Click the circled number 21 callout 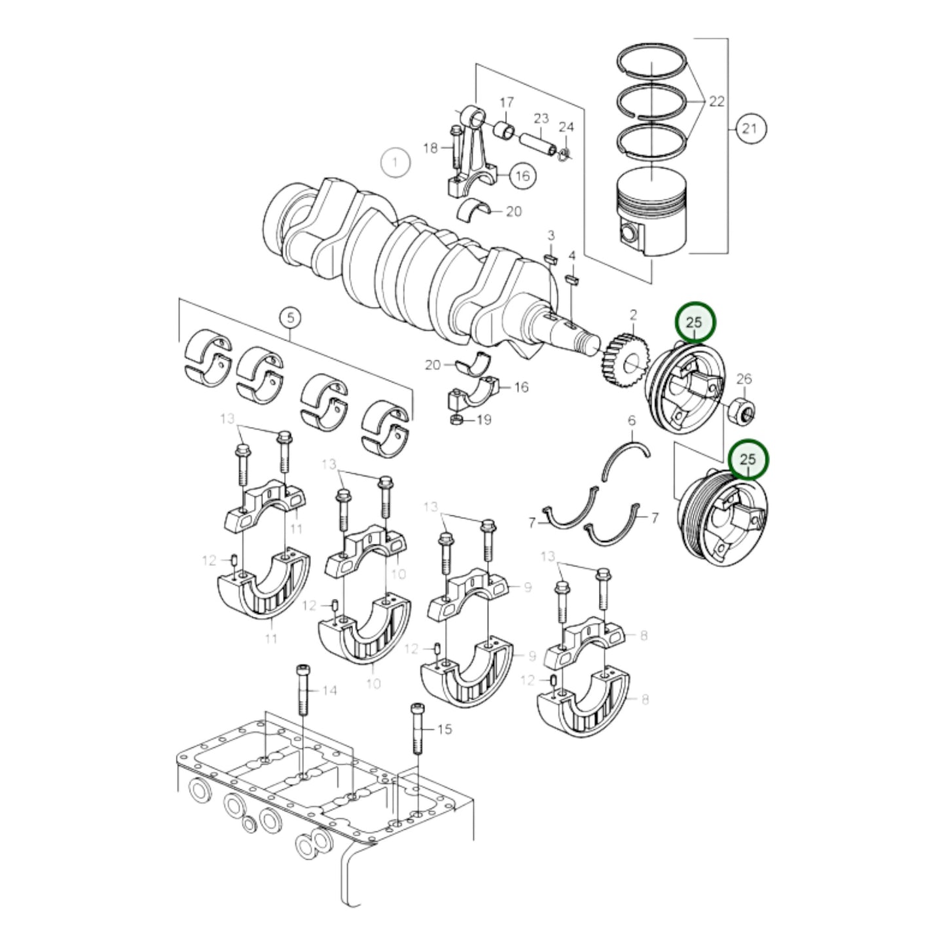[x=749, y=128]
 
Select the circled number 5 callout [x=291, y=318]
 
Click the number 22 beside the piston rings [x=717, y=101]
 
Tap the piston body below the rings [x=652, y=216]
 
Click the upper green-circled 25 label [x=695, y=322]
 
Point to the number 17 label [x=507, y=103]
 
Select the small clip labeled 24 [x=564, y=153]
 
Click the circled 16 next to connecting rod [x=522, y=175]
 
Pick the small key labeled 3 [x=550, y=257]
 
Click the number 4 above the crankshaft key [x=572, y=255]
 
